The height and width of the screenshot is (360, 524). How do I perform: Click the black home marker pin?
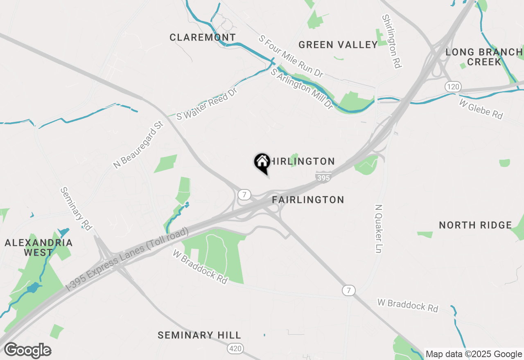click(x=262, y=162)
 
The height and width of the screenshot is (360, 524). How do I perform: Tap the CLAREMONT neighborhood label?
click(x=203, y=38)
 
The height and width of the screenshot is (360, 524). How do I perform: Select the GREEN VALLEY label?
click(x=338, y=45)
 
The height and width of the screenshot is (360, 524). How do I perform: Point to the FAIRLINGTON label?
click(x=308, y=200)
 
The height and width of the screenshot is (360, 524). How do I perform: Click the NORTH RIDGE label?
click(x=475, y=225)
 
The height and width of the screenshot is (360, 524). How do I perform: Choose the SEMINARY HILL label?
click(x=199, y=335)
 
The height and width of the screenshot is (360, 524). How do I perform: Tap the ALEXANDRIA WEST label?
click(x=38, y=248)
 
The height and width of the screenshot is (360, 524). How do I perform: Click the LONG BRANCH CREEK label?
click(x=484, y=57)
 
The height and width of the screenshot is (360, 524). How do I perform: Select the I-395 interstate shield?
click(x=323, y=177)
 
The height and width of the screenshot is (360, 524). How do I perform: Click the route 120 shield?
click(x=453, y=87)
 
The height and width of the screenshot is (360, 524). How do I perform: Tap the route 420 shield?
click(x=235, y=349)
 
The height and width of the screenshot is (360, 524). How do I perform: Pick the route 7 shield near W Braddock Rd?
click(x=349, y=290)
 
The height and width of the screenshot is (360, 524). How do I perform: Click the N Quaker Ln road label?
click(x=379, y=229)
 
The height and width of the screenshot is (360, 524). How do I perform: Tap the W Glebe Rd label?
click(x=481, y=109)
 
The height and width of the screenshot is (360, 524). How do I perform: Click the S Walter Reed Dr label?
click(x=207, y=103)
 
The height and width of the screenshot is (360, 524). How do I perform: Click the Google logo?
click(x=27, y=351)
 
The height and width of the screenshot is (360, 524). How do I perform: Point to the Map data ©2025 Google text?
click(x=474, y=354)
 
